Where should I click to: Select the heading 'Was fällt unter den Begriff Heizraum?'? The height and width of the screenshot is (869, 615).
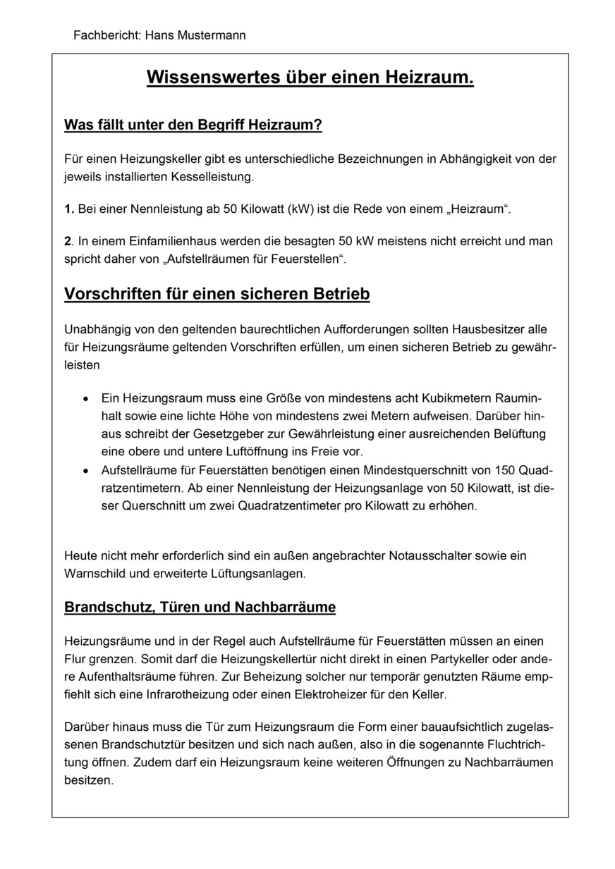[193, 125]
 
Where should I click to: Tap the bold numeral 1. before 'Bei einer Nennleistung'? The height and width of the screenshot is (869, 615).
[68, 209]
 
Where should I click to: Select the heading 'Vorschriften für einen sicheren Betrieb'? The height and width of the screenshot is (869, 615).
[217, 294]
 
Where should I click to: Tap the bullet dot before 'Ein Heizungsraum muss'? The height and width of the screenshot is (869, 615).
[85, 399]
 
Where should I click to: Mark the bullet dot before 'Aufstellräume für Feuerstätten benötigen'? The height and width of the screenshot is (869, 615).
[85, 470]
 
